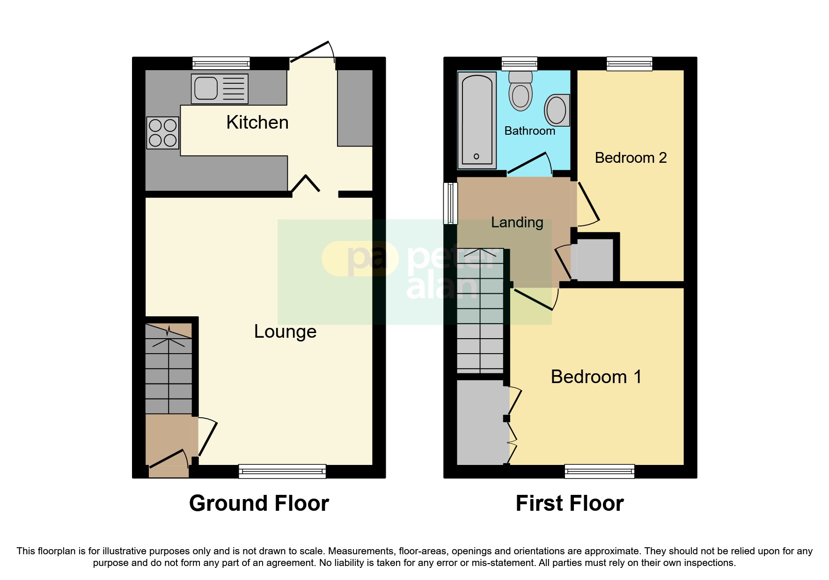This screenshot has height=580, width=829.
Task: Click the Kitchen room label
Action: (x=257, y=123)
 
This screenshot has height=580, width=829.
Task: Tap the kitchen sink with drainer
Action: (x=220, y=88)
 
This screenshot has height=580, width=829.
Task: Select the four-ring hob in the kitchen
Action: (x=162, y=133)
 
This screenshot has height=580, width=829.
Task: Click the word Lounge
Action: (x=285, y=332)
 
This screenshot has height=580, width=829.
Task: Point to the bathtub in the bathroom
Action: (x=477, y=120)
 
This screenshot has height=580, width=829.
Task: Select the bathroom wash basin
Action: (x=557, y=110)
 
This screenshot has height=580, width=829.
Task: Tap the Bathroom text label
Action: (x=529, y=131)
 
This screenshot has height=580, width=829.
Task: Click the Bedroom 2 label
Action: (x=631, y=158)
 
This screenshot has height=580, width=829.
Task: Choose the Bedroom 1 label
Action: (x=596, y=377)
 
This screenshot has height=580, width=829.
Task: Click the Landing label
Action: (x=517, y=223)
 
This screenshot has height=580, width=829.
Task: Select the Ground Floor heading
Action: (x=259, y=504)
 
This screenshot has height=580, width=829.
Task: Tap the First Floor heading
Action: (x=569, y=504)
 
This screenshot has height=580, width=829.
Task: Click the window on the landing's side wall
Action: (x=450, y=203)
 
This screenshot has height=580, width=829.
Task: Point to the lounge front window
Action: (x=282, y=471)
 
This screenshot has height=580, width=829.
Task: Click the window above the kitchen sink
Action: (x=221, y=63)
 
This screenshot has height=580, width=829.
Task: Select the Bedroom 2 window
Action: (x=629, y=63)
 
